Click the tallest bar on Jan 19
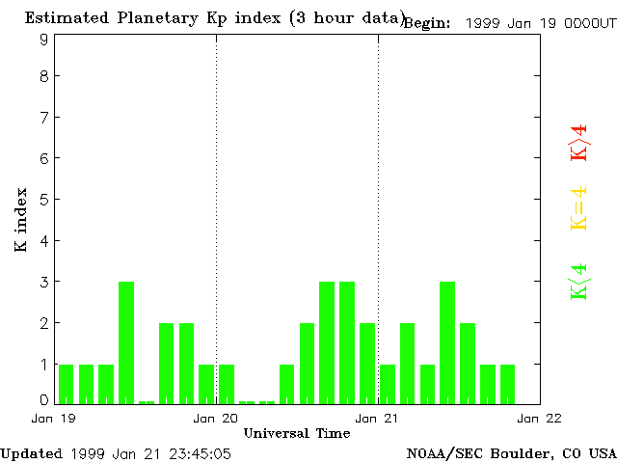click(x=126, y=341)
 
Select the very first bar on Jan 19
click(x=67, y=383)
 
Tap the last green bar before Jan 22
click(x=507, y=383)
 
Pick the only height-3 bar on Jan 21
click(x=447, y=341)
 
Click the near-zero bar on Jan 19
click(x=147, y=401)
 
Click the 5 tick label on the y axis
click(x=44, y=200)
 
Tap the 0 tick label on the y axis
click(x=44, y=400)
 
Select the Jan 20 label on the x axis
click(x=216, y=418)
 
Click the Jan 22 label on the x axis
click(x=540, y=418)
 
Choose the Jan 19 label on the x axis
click(x=54, y=418)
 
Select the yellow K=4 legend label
click(x=578, y=209)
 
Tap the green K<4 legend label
click(x=578, y=282)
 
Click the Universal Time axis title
click(x=297, y=433)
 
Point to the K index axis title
click(x=21, y=220)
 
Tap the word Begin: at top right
click(x=427, y=23)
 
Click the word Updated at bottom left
click(x=31, y=453)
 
